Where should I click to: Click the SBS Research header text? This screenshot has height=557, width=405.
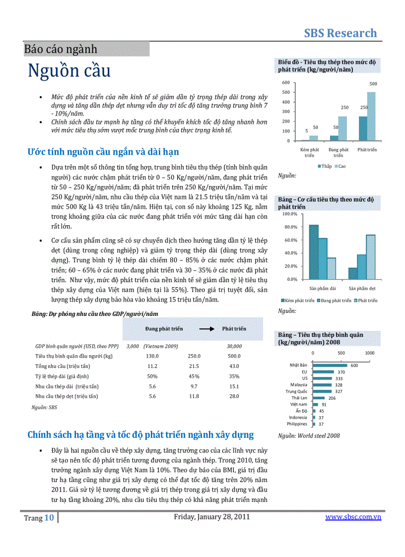coord(340,33)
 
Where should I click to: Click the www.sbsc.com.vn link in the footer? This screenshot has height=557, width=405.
coord(353,517)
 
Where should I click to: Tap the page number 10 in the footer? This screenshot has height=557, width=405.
coord(49,518)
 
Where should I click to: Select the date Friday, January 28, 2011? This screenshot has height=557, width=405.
coord(211,517)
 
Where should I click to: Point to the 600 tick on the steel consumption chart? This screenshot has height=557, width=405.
coord(286,82)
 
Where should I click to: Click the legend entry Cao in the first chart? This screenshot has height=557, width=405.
coord(342,166)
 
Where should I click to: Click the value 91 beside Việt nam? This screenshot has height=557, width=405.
coord(324,404)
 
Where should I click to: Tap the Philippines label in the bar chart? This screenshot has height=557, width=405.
coord(297,424)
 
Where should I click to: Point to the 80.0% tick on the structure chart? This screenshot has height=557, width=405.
coord(289,227)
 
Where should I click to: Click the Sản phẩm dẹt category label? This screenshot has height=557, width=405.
coord(362,288)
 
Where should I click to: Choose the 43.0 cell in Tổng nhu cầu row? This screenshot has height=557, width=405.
coord(234,366)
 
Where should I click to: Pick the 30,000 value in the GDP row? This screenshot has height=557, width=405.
coord(234,346)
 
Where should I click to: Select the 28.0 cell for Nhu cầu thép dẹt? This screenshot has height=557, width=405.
coord(234,396)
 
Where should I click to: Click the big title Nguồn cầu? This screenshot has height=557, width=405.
coord(69,70)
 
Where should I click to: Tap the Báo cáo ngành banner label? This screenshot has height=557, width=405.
coord(61,49)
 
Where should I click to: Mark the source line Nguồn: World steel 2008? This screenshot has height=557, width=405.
coord(309,435)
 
